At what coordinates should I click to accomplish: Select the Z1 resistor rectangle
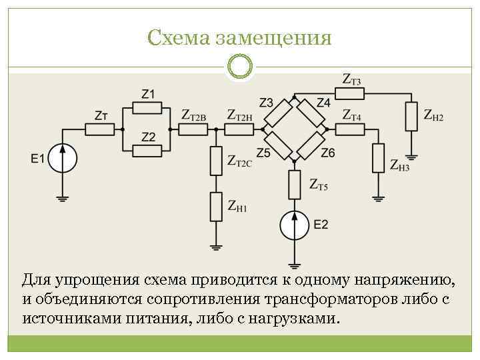148,107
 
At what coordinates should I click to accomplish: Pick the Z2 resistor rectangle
148,151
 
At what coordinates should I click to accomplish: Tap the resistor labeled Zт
102,129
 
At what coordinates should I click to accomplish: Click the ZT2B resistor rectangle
194,129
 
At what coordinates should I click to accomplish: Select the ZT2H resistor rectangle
240,129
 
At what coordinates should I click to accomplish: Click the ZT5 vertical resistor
293,185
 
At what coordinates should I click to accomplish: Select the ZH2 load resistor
412,117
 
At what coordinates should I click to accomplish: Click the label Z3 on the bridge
266,102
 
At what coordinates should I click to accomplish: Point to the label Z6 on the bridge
328,153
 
